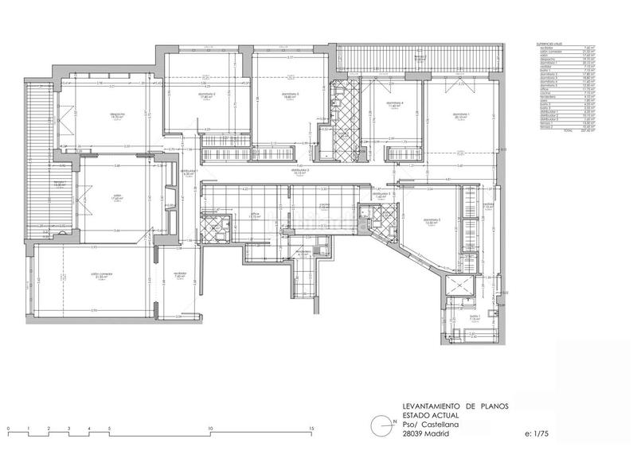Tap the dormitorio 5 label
point(432,220)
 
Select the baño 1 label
point(474,316)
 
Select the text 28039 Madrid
point(426,435)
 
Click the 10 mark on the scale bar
point(210,429)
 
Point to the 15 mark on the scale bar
point(311,429)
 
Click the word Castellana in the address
point(441,425)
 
